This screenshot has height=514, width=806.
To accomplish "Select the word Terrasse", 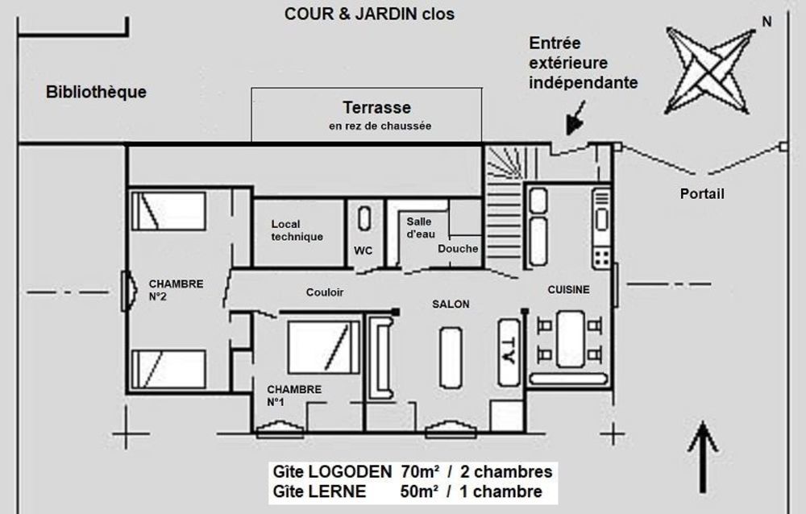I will point(376,107).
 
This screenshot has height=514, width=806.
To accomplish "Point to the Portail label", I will point(702,194).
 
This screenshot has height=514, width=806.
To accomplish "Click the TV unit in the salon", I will point(509,352).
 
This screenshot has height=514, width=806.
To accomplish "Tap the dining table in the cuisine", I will point(570,339).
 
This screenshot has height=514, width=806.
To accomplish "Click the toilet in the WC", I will point(364,220).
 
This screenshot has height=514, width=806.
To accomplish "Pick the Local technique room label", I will point(297,230).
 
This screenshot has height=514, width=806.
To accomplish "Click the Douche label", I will point(457,248).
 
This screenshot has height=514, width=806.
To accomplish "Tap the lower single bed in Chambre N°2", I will point(168,370).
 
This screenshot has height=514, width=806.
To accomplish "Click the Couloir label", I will point(325,292).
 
